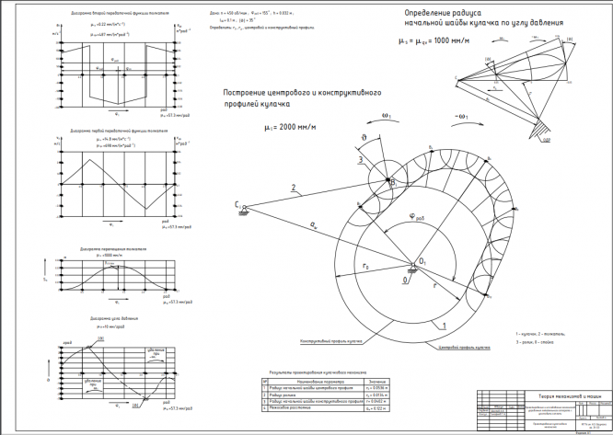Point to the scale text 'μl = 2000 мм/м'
click(x=294, y=129)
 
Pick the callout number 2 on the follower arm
click(x=293, y=189)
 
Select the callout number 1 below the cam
click(x=444, y=326)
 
